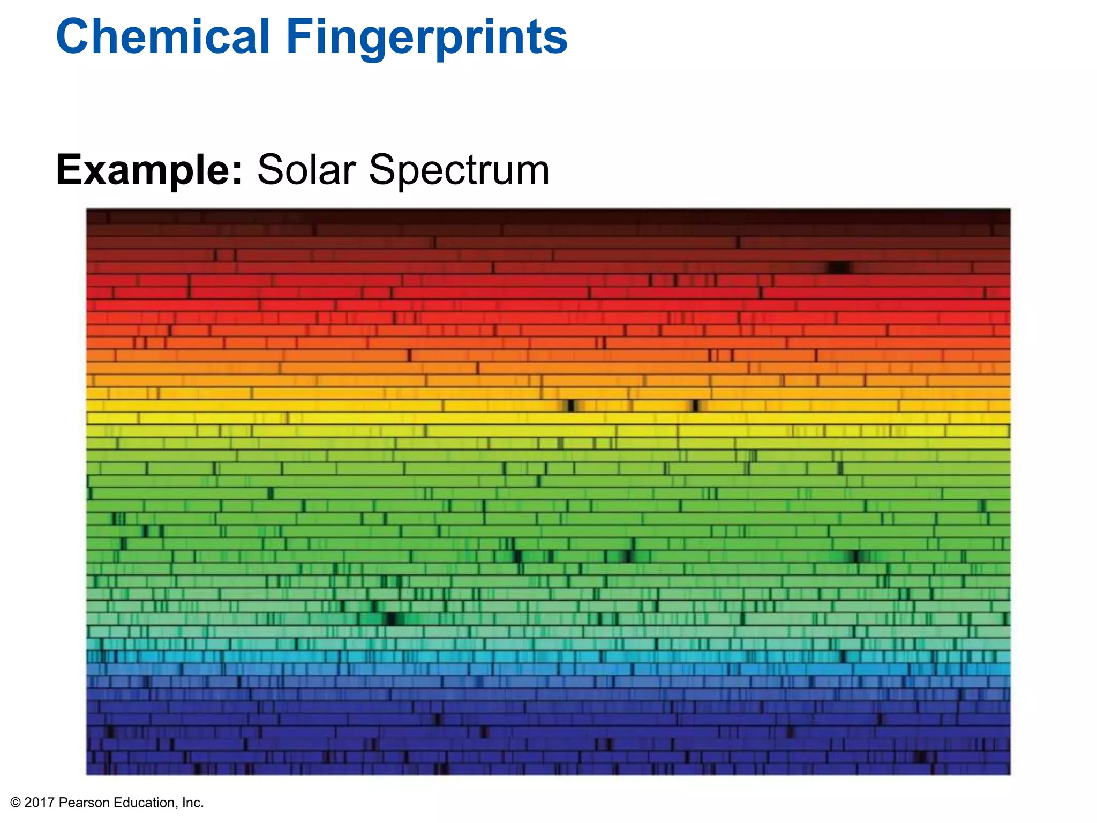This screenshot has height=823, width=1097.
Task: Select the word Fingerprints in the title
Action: [x=426, y=38]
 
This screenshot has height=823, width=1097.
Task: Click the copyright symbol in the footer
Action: [x=15, y=803]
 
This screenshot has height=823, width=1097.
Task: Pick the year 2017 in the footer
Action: [x=40, y=803]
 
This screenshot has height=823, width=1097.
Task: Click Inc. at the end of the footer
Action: [x=193, y=803]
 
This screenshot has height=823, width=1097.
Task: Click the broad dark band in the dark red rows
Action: [x=839, y=267]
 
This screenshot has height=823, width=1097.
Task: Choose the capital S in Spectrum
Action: [x=383, y=170]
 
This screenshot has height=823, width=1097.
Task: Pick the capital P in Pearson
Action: [x=63, y=803]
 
